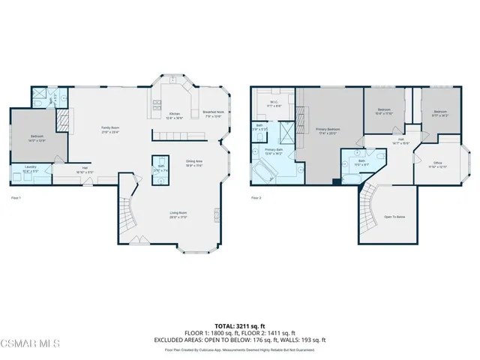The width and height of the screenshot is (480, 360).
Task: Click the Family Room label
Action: [x=111, y=129]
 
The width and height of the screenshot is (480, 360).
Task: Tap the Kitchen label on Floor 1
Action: [x=173, y=115]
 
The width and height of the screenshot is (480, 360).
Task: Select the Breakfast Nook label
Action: [x=213, y=115]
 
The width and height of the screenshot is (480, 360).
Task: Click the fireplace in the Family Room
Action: [x=64, y=118]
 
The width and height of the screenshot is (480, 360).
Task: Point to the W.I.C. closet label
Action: [x=274, y=104]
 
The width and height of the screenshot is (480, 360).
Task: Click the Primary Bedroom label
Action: [x=328, y=130]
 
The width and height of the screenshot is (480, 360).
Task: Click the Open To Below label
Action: [x=395, y=216]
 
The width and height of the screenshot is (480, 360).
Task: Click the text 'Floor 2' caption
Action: [x=256, y=198]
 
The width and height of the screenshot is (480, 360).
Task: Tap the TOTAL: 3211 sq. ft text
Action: [x=240, y=325]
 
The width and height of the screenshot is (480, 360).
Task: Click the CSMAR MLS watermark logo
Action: [x=30, y=343]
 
